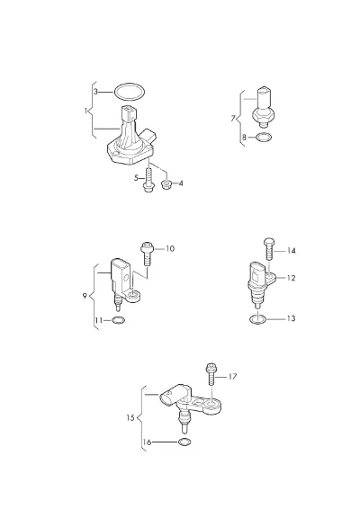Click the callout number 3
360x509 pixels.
pos(95,92)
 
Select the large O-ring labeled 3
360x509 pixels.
pos(130,84)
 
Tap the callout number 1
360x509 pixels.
pos(85,111)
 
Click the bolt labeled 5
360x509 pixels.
pos(148,179)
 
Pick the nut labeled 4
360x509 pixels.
pos(166,185)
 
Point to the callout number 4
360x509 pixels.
pos(181,183)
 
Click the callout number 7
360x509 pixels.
pos(233,119)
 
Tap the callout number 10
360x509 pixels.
pos(170,249)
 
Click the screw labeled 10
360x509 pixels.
pos(147,254)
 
